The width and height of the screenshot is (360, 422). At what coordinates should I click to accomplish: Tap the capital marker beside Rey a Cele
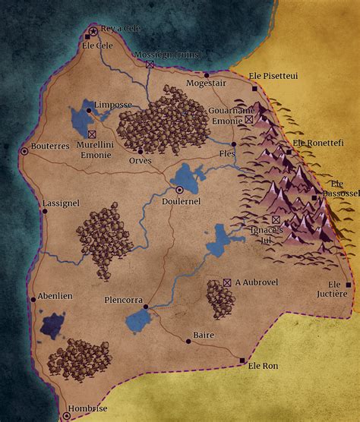[x=93, y=31]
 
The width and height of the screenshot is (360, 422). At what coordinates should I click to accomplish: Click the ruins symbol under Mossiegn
[x=150, y=65]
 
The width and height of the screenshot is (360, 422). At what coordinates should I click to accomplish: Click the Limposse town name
[x=112, y=105]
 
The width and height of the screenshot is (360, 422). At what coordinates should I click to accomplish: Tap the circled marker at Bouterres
[x=24, y=151]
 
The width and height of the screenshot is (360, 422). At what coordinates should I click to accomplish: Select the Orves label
[x=141, y=160]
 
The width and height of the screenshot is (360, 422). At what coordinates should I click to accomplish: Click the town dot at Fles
[x=234, y=143]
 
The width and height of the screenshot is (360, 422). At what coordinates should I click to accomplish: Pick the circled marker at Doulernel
[x=180, y=190]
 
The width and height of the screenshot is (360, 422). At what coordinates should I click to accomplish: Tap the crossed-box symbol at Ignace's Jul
[x=276, y=219]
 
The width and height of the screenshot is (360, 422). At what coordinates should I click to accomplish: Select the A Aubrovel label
[x=257, y=282]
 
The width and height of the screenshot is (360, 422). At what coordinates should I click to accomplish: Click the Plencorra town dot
[x=146, y=307]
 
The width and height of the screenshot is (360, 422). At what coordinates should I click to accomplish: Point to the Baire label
[x=204, y=335]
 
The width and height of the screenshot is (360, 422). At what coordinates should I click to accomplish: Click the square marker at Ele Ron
[x=242, y=360]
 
